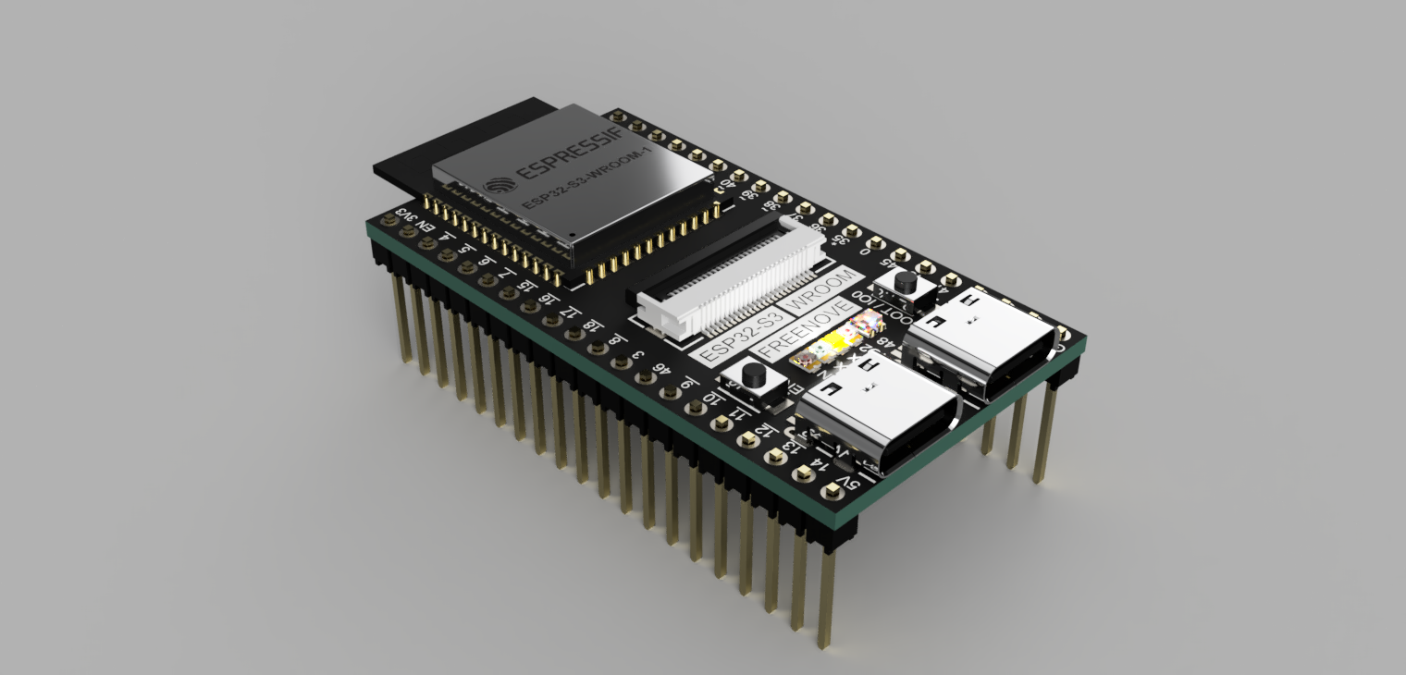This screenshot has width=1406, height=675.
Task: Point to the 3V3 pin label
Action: click(x=404, y=215)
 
